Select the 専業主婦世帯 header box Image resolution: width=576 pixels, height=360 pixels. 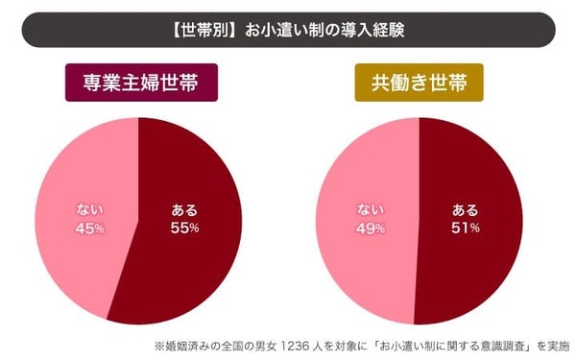pos(140,82)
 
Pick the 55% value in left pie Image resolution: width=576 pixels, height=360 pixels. pos(184,228)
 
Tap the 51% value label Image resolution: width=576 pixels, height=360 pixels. pos(463,228)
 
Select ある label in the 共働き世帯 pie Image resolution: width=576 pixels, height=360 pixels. pos(463,209)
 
